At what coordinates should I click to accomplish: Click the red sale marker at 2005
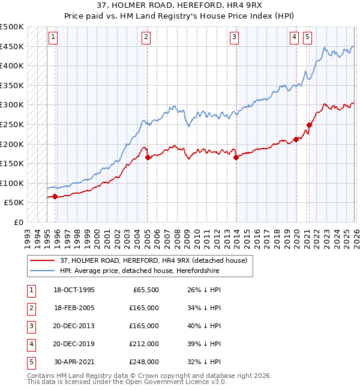(x=147, y=158)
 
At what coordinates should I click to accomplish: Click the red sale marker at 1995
(x=55, y=196)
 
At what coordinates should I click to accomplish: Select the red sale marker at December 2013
(x=236, y=158)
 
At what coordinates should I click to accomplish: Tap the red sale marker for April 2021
(x=310, y=125)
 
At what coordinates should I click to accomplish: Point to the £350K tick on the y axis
(x=12, y=86)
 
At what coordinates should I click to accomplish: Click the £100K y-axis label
(x=12, y=183)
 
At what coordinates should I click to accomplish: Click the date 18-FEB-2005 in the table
(x=74, y=308)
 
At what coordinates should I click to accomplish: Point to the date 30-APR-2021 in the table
(x=74, y=362)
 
